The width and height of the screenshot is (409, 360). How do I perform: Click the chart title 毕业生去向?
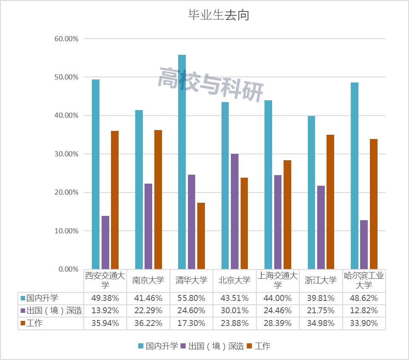pyautogui.click(x=218, y=15)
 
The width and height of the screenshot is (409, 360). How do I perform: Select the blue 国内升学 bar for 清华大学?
pyautogui.click(x=182, y=162)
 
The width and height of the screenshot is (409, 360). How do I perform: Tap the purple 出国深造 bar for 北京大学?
pyautogui.click(x=234, y=211)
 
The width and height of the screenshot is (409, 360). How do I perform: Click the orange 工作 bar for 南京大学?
pyautogui.click(x=158, y=199)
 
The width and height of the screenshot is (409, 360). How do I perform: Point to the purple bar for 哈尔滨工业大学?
pyautogui.click(x=364, y=244)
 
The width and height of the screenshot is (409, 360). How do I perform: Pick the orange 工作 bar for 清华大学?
pyautogui.click(x=201, y=236)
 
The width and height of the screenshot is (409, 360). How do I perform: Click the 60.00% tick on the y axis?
pyautogui.click(x=67, y=39)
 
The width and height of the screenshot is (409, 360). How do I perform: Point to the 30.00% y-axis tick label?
pyautogui.click(x=67, y=154)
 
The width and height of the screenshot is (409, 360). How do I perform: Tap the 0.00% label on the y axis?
pyautogui.click(x=68, y=269)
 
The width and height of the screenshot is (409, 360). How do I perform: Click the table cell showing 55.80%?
pyautogui.click(x=191, y=298)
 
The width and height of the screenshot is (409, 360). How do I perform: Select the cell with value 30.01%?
pyautogui.click(x=234, y=311)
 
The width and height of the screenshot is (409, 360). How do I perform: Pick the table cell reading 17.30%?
pyautogui.click(x=191, y=323)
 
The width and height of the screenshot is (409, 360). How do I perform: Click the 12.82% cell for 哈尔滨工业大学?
pyautogui.click(x=364, y=311)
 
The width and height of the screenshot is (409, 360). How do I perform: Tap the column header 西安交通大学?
pyautogui.click(x=105, y=280)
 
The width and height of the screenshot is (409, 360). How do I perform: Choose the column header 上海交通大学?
pyautogui.click(x=277, y=280)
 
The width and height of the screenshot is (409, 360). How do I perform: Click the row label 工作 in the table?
pyautogui.click(x=34, y=323)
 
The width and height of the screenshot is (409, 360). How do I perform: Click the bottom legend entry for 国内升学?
pyautogui.click(x=158, y=346)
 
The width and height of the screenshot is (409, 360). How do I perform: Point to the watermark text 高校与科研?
pyautogui.click(x=210, y=84)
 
